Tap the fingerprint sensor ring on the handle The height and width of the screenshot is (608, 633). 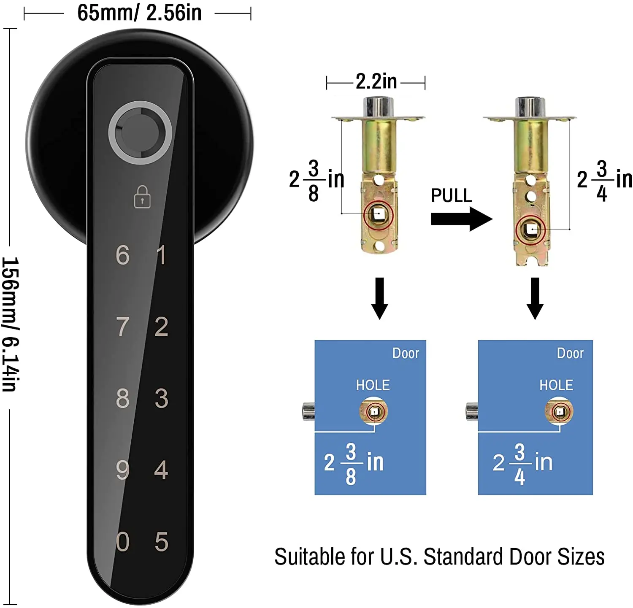140,132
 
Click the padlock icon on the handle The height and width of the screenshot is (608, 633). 142,197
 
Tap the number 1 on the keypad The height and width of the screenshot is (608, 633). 161,255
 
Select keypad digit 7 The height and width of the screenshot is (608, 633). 122,327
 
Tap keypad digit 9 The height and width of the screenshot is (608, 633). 122,470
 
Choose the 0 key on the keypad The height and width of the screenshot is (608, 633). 122,542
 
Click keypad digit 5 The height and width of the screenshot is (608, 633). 161,542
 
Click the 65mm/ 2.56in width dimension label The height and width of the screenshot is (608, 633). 139,13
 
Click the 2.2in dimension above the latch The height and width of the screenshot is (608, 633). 376,81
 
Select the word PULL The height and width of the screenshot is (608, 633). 451,196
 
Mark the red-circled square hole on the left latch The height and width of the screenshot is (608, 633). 378,215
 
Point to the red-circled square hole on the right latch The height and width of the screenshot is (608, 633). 530,230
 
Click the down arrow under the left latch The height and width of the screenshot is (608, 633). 379,298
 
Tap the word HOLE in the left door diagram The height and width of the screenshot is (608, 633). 373,385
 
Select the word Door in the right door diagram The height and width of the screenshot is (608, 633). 570,353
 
